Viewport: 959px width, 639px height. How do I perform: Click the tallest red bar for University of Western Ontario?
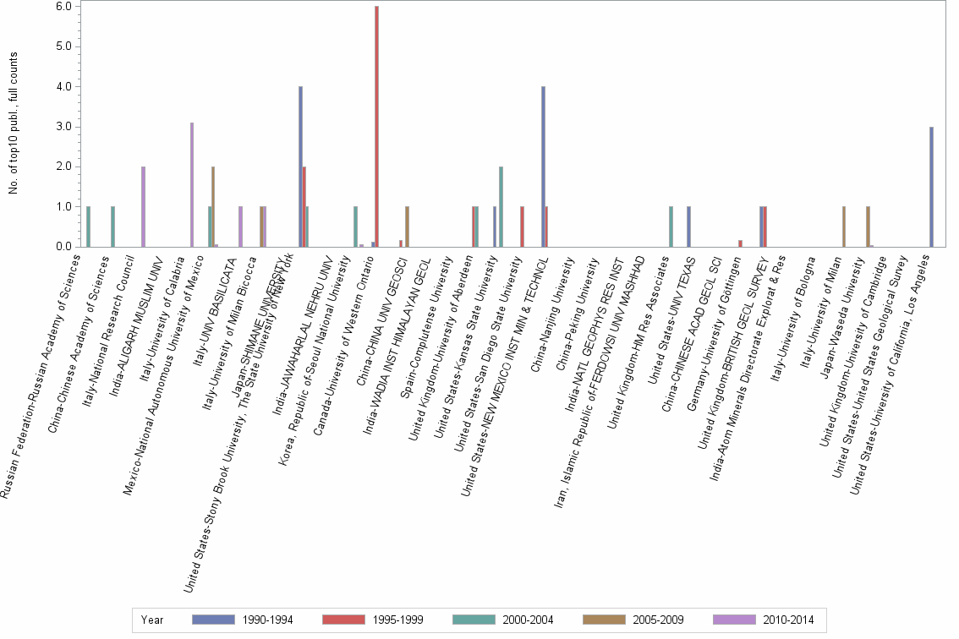point(376,127)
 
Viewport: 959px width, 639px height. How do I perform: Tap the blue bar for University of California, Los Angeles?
point(931,187)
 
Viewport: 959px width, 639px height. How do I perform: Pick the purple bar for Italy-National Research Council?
point(143,206)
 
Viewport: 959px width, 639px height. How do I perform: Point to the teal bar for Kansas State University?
point(501,206)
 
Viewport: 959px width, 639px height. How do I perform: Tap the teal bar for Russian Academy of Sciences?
point(89,227)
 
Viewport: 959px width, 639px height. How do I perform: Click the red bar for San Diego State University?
point(523,227)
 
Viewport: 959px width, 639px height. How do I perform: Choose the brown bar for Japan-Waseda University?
point(868,227)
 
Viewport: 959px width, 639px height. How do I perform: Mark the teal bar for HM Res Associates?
point(671,227)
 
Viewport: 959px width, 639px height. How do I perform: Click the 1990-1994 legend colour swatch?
point(214,620)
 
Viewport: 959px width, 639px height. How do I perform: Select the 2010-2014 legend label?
point(787,620)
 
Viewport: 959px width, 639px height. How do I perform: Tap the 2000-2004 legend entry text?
point(528,620)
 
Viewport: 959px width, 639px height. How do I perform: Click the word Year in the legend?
point(153,620)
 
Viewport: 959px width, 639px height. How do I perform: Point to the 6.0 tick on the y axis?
point(67,7)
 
